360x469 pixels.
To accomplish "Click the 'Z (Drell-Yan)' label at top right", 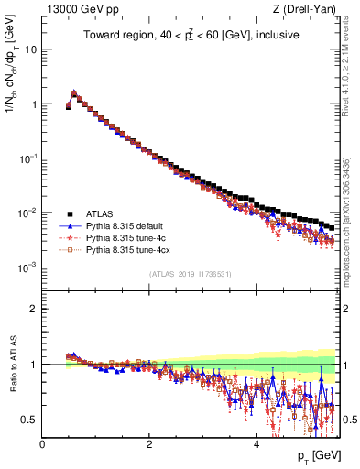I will pyautogui.click(x=304, y=8).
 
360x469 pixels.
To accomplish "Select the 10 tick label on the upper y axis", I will pyautogui.click(x=29, y=49).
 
